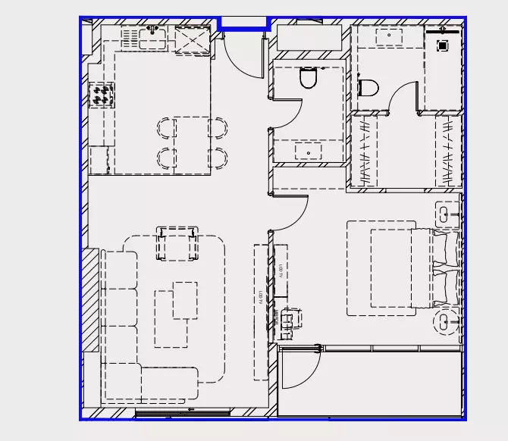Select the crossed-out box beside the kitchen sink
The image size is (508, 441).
tap(192, 38)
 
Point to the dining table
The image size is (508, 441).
tap(192, 142)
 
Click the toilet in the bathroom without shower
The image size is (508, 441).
tap(309, 78)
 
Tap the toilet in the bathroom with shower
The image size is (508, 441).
tap(368, 89)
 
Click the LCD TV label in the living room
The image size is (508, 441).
tap(260, 298)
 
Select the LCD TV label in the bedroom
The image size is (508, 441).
tap(280, 269)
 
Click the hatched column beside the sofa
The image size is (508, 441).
tap(90, 299)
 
